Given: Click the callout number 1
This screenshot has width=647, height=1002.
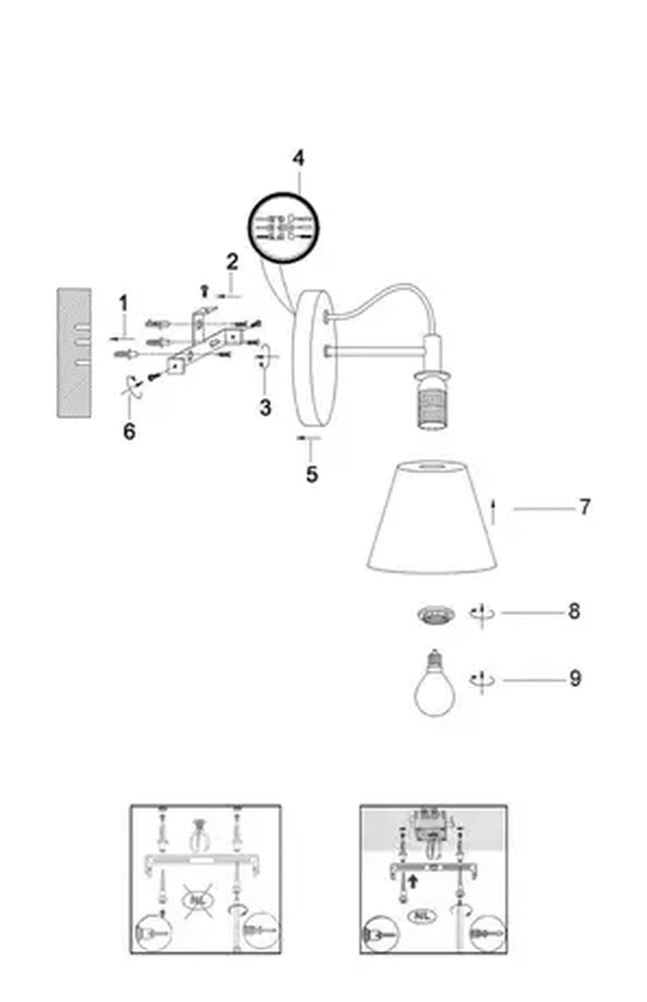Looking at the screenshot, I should (x=123, y=304).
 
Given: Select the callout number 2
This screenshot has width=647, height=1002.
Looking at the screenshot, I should (x=232, y=263).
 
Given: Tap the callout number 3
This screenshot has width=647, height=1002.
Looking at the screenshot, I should (x=265, y=407).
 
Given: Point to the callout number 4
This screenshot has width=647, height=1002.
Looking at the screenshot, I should (x=298, y=159).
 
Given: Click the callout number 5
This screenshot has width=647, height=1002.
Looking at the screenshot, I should (x=312, y=475).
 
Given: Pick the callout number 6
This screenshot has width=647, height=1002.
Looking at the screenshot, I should (x=129, y=431).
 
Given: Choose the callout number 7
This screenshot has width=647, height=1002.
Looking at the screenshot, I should (x=585, y=507).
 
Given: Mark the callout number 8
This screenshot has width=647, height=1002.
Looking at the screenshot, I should (x=574, y=612).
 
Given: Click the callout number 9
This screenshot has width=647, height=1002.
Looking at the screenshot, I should (x=575, y=679).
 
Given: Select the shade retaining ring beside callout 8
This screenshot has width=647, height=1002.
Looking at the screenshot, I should (x=436, y=615).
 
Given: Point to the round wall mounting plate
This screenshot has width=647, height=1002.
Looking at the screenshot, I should (x=315, y=357).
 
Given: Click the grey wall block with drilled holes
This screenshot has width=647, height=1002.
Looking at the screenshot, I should (x=74, y=353).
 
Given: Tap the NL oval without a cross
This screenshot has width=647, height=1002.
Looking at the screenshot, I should (x=424, y=916).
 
